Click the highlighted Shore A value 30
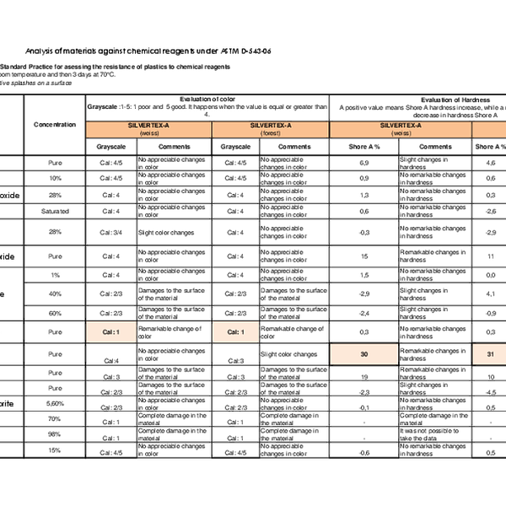tap(364, 353)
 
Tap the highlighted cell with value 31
tap(491, 353)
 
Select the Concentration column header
tap(55, 124)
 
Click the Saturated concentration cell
tap(55, 211)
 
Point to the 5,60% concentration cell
tap(55, 403)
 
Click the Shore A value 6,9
tap(364, 161)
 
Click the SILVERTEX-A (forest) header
tap(271, 127)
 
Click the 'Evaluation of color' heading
tap(207, 100)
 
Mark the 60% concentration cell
tap(55, 314)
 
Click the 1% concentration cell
tap(55, 275)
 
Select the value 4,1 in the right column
tap(491, 293)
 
